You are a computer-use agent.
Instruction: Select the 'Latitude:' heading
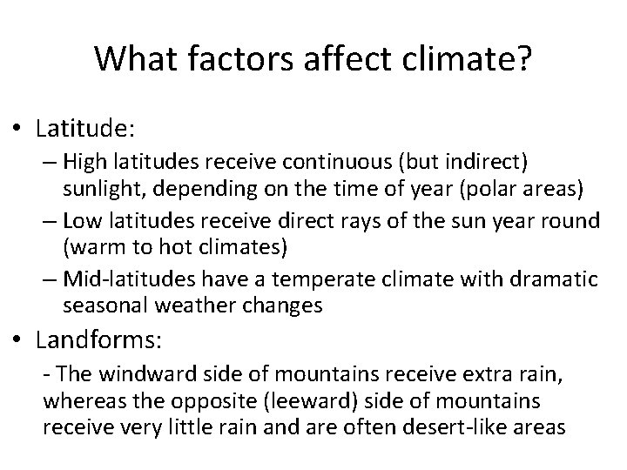[x=85, y=129]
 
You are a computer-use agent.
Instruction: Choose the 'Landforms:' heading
[x=98, y=335]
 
